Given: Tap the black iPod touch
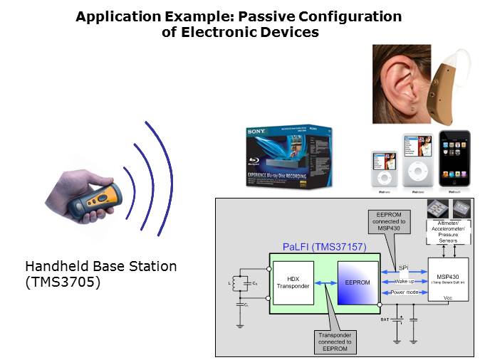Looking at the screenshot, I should [x=454, y=159].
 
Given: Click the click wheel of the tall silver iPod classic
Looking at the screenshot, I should [x=417, y=174].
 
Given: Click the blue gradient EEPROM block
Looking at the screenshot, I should [x=358, y=282].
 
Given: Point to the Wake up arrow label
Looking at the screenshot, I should [x=402, y=281].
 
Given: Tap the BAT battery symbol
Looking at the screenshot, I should [x=396, y=319].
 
